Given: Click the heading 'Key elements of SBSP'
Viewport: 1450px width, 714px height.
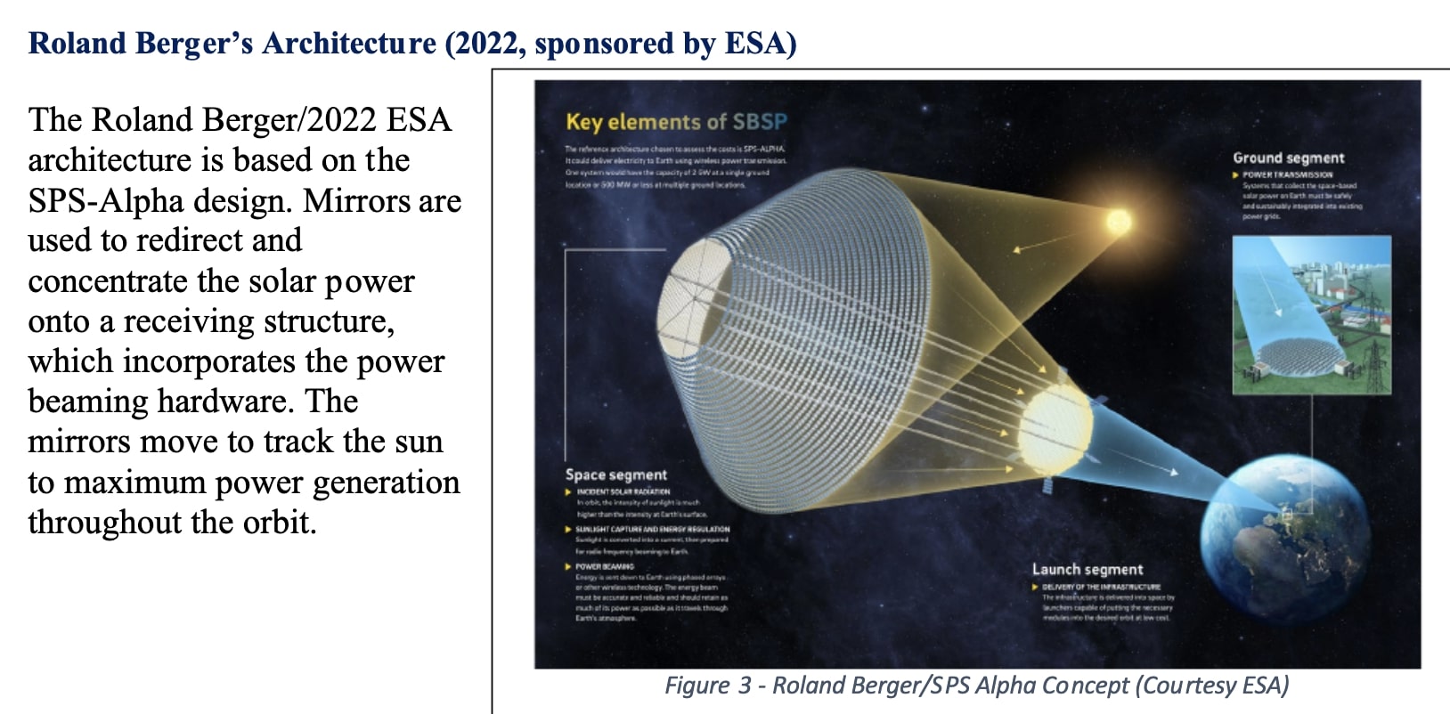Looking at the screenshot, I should tap(676, 122).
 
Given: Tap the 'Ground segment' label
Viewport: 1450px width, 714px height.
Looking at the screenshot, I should tap(1288, 158).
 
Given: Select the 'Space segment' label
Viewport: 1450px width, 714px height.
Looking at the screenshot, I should tap(615, 475).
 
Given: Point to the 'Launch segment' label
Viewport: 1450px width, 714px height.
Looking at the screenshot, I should tap(1087, 569).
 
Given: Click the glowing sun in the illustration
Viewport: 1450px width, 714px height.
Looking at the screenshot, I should tap(1118, 220).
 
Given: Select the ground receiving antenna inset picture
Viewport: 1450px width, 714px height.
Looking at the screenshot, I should tap(1311, 314).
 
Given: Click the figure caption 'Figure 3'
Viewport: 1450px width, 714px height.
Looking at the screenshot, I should tap(708, 686).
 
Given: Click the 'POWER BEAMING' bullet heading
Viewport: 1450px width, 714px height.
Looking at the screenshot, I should tap(605, 566).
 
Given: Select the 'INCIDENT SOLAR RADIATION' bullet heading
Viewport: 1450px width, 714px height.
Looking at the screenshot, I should tap(623, 491).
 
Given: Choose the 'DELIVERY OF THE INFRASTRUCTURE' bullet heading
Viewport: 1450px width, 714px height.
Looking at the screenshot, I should tap(1101, 587).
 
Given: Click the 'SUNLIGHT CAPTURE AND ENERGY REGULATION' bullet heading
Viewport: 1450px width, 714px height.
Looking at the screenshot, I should tap(652, 529).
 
